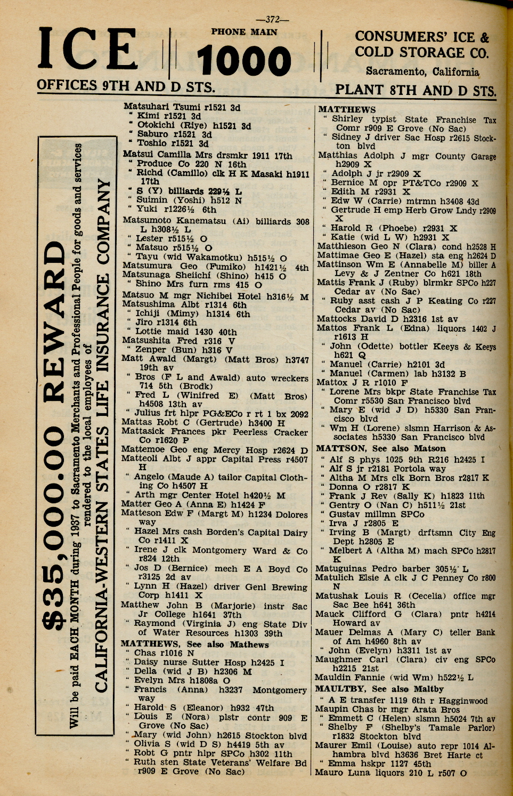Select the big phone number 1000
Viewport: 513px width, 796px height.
pyautogui.click(x=244, y=60)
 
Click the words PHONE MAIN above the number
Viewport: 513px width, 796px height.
pyautogui.click(x=244, y=32)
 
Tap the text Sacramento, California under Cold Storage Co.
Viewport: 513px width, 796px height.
pyautogui.click(x=422, y=71)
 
